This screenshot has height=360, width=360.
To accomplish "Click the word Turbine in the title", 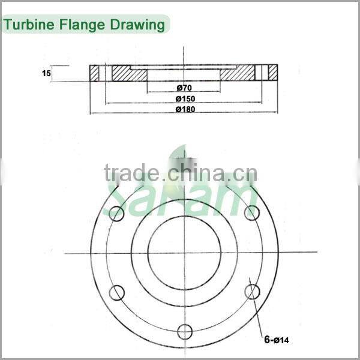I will (28, 25).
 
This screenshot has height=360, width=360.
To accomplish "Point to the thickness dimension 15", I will (46, 73).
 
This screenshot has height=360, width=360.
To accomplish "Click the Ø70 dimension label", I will (184, 88).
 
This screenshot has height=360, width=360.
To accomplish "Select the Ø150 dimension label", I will (184, 98).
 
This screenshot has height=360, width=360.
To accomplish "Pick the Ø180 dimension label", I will (184, 109).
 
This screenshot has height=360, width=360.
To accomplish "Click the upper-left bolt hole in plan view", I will (116, 212).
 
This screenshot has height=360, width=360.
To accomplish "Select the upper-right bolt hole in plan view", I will (253, 212).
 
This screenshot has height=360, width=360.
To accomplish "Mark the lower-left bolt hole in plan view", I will (116, 293).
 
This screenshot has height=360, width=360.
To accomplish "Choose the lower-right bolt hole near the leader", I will (253, 292).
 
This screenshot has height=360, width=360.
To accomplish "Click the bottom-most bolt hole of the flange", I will (185, 331).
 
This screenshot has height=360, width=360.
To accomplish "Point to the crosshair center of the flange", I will (184, 253).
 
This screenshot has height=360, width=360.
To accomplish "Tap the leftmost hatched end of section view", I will (95, 73).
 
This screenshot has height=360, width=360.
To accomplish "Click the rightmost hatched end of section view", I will (273, 73).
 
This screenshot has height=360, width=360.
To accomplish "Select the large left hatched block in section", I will (128, 73).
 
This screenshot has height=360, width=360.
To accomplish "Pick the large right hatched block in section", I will (238, 73).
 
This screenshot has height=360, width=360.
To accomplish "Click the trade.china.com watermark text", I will (180, 174).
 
